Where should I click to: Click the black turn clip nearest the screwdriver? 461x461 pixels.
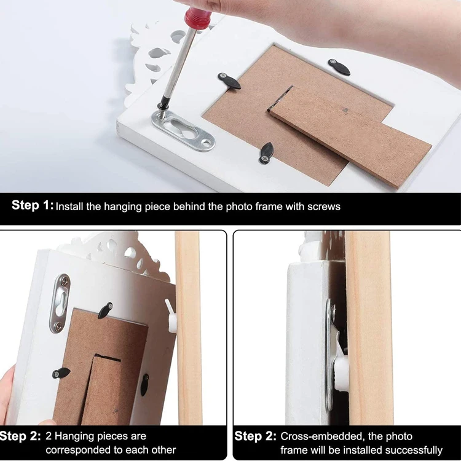click(x=230, y=81)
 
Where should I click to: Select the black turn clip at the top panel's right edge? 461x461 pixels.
click(x=339, y=67)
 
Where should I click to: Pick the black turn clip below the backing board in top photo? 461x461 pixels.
click(x=266, y=152)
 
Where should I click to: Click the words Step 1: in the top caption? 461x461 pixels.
click(x=33, y=206)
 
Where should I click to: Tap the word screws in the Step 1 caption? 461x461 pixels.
click(x=325, y=207)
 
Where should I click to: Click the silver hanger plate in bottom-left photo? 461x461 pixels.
click(x=60, y=303)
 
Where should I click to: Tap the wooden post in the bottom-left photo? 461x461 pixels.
click(x=189, y=326)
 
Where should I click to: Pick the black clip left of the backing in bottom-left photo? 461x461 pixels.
click(x=61, y=373)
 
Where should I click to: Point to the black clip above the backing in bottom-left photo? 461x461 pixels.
click(x=105, y=310)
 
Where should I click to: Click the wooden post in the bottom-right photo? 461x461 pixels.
click(x=369, y=326)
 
